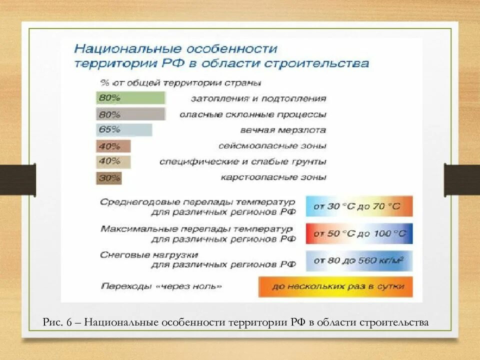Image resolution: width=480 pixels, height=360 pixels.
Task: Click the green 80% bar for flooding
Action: click(130, 98)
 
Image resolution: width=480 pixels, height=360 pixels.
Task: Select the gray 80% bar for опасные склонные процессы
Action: click(130, 114)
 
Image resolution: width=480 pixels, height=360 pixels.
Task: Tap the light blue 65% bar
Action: click(124, 130)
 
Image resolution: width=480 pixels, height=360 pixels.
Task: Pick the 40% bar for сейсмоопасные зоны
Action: click(113, 146)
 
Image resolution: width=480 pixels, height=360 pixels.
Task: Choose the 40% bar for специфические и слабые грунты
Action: click(113, 161)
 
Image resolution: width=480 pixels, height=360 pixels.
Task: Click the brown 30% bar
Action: click(109, 177)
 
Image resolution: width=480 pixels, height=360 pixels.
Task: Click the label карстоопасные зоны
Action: click(273, 177)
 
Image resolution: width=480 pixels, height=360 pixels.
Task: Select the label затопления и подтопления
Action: click(258, 98)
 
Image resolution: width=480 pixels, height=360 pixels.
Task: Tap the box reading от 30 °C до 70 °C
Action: click(359, 206)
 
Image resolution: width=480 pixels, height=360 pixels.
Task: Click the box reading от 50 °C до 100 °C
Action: click(359, 233)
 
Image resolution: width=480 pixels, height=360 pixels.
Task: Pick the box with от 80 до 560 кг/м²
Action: click(359, 260)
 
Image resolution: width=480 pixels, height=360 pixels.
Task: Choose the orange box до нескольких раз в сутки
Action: click(335, 287)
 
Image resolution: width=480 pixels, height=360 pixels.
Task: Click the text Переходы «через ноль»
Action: click(160, 287)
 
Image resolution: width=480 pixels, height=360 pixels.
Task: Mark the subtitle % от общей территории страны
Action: click(180, 82)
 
